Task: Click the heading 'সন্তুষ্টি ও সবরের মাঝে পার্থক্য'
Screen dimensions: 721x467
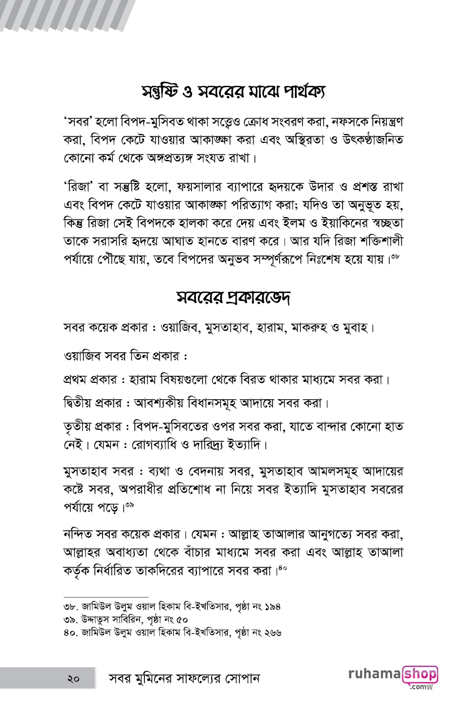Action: point(233,92)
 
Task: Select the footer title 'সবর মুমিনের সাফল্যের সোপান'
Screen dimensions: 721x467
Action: point(184,678)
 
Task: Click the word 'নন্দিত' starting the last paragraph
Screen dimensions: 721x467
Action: point(79,534)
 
